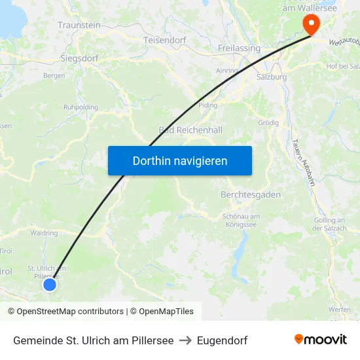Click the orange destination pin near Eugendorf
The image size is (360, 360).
pos(310,24)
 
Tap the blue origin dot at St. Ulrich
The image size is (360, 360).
pos(50,284)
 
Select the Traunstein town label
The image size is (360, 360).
pos(79,25)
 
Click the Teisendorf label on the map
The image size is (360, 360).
pos(164,40)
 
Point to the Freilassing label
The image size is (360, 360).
pos(239,48)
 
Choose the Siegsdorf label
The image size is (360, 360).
pos(79,58)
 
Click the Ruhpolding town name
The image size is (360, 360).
pos(81,107)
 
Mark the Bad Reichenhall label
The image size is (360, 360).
pos(190,130)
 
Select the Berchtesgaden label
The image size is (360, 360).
pos(251,195)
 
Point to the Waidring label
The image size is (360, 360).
pos(44,232)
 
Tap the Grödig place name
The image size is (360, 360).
pos(268,122)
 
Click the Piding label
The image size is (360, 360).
pos(207,105)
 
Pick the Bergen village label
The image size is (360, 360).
pos(54,76)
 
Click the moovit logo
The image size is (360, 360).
pos(321,340)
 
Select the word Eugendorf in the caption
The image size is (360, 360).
pos(222,340)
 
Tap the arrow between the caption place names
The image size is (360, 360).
pos(185,340)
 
